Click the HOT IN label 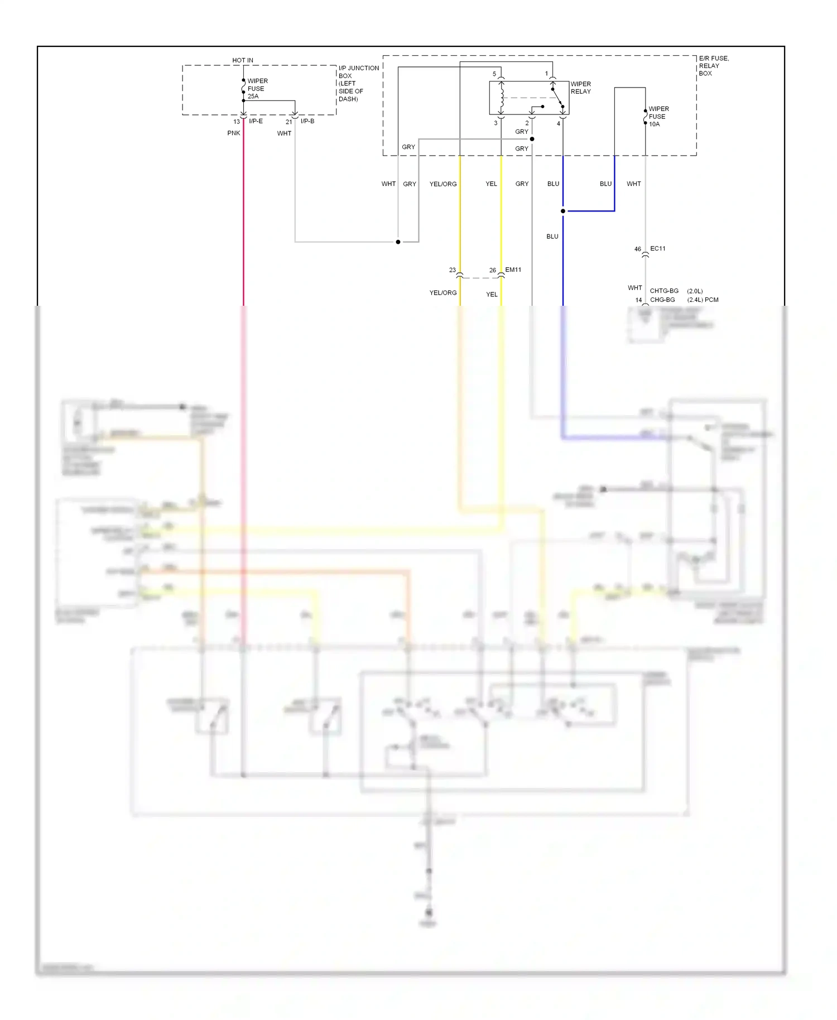[x=242, y=60]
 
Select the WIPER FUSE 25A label [x=257, y=89]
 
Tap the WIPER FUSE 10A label [x=658, y=117]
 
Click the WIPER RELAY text [x=580, y=88]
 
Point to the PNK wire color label [x=233, y=133]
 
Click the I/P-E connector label [x=256, y=121]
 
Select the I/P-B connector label [x=307, y=121]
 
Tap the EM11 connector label [x=513, y=270]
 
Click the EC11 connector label [x=657, y=248]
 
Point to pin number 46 [x=637, y=249]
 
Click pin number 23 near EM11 [x=452, y=270]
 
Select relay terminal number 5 [x=494, y=74]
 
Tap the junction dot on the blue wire [x=562, y=211]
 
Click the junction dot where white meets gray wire [x=398, y=242]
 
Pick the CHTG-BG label [x=664, y=291]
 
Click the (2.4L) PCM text [x=703, y=300]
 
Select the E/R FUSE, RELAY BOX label [x=713, y=66]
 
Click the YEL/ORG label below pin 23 [x=442, y=292]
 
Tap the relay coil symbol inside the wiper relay [x=502, y=97]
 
